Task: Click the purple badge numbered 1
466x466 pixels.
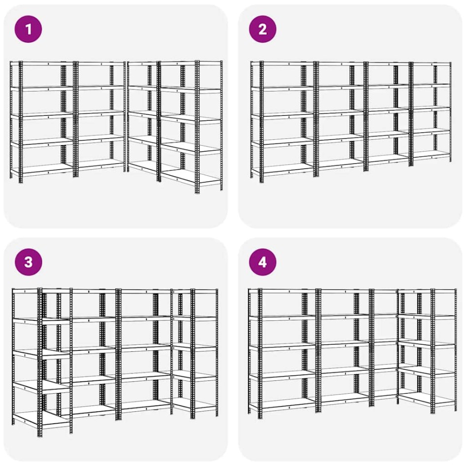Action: point(29,29)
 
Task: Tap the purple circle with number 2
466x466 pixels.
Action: point(262,29)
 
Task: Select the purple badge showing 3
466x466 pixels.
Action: point(29,262)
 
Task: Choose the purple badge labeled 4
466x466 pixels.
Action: point(262,262)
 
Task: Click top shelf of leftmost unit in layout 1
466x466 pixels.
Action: point(42,63)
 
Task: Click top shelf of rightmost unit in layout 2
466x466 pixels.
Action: point(432,63)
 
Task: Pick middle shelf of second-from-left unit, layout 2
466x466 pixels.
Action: point(340,114)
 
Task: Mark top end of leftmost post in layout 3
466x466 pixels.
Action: point(13,290)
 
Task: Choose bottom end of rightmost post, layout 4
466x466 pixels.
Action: point(455,408)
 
